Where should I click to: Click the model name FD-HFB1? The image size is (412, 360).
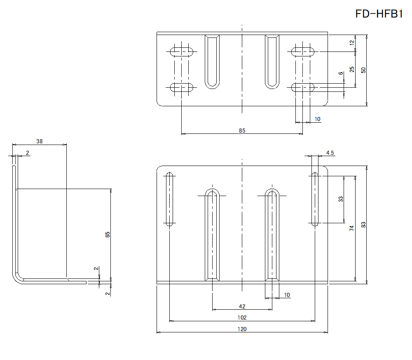coord(379,14)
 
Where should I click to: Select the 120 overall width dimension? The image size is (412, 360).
coord(242,329)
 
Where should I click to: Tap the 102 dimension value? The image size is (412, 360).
coord(242,318)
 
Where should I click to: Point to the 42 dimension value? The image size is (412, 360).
coord(242,306)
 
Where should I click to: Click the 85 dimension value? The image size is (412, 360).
coord(242,131)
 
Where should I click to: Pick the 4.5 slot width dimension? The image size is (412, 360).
coord(330,153)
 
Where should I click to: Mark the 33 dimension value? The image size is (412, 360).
coord(341,199)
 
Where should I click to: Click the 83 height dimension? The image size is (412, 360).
coord(363,224)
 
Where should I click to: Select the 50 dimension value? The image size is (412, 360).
coord(363,70)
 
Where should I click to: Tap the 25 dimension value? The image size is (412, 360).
coord(352,69)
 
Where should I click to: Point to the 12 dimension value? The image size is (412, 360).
coord(352,42)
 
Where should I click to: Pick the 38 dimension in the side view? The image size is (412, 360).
coord(39,141)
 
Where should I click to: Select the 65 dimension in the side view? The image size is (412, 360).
coord(108,234)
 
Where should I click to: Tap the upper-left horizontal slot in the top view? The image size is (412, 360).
coord(181,51)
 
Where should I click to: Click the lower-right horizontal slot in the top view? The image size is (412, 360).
coord(303,87)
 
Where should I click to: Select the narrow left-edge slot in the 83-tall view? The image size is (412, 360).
coord(169,199)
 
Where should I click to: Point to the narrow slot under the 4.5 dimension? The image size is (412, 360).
coord(315,199)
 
